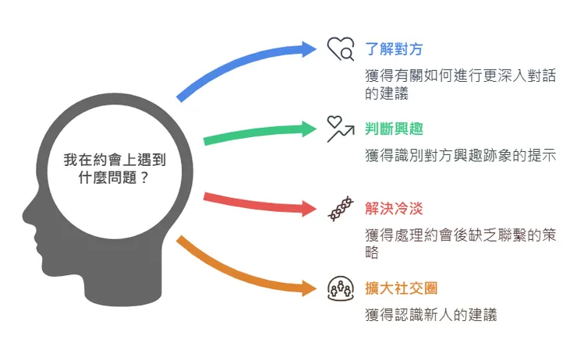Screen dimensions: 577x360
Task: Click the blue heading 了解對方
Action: pos(394,48)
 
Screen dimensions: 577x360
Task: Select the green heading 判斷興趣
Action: pos(394,129)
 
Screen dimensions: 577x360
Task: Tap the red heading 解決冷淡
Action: pos(394,209)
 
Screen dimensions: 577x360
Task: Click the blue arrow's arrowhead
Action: pos(310,49)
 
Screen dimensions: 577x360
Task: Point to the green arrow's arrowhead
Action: pos(310,128)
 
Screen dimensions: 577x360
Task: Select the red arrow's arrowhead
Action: pos(310,208)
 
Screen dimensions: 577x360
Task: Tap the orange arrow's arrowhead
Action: pos(310,288)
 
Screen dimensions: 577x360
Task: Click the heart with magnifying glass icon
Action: pos(341,49)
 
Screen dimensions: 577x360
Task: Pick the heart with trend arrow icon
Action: pos(341,129)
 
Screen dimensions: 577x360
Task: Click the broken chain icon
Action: pos(341,209)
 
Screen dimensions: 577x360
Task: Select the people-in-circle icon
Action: pos(341,288)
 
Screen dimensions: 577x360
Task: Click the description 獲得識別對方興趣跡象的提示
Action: pos(459,155)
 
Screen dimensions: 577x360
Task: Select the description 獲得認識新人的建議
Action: pos(430,315)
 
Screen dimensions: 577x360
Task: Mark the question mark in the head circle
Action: pos(146,177)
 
